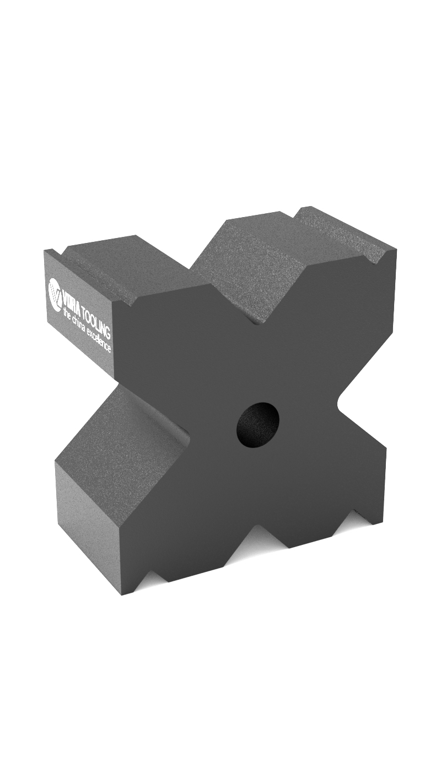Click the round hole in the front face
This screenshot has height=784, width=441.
257,424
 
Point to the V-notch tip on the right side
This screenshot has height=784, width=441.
338,402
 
